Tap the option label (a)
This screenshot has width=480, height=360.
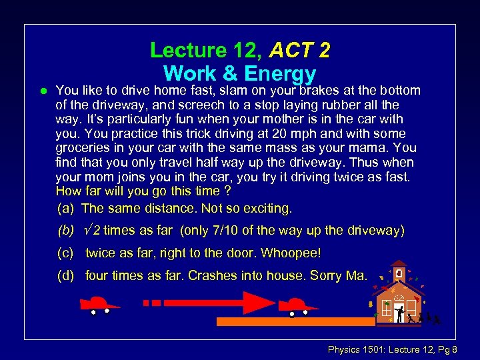coord(65,209)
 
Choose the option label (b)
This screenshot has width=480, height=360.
coord(65,231)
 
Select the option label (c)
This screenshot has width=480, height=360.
coord(65,253)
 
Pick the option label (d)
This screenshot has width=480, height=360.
coord(65,275)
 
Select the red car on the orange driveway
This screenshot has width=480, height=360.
coord(297,306)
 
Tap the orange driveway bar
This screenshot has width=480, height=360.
coord(300,322)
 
